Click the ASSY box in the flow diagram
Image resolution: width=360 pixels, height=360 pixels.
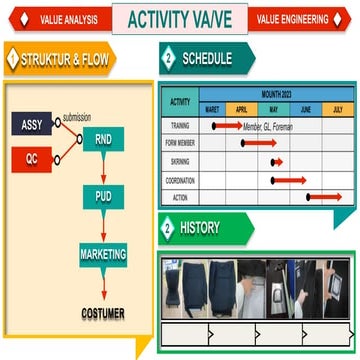coord(31,124)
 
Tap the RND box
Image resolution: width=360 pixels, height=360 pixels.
coord(103,141)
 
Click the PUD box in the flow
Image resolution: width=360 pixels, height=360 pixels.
coord(103,196)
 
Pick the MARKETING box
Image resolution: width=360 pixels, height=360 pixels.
coord(103,254)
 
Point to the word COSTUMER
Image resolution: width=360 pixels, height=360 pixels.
coord(103,313)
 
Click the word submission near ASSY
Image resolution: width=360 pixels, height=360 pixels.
coord(77,117)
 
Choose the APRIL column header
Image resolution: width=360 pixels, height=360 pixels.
coord(243,109)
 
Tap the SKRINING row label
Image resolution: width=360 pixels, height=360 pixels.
coord(181,161)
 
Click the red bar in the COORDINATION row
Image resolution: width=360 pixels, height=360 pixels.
coord(289,179)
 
